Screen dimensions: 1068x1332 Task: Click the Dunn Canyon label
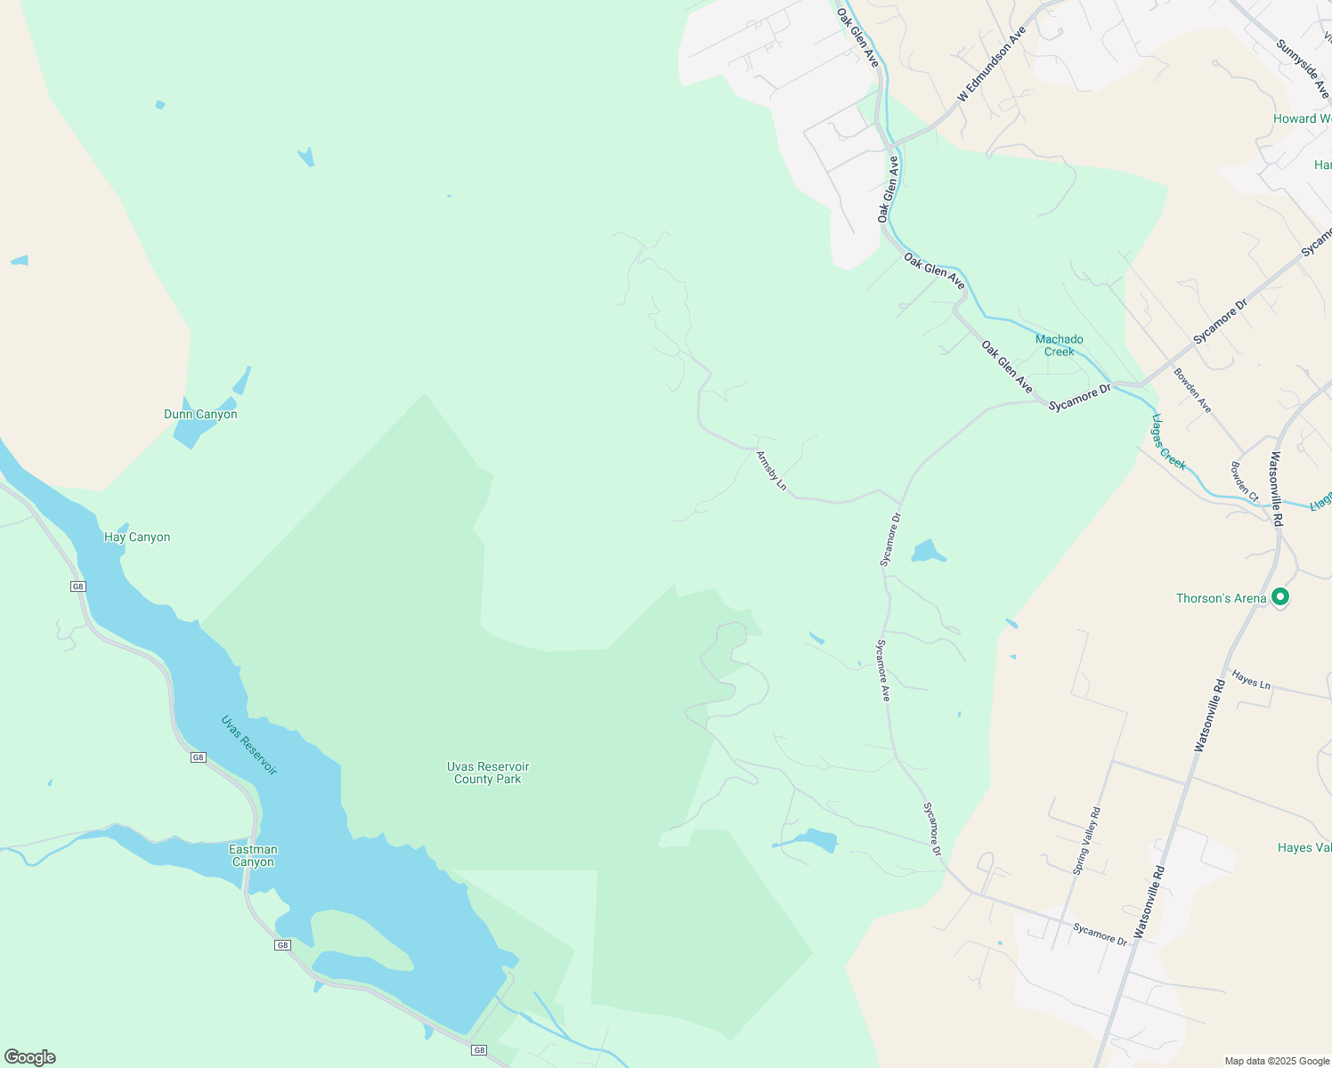pyautogui.click(x=200, y=415)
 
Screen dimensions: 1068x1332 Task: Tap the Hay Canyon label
pyautogui.click(x=137, y=538)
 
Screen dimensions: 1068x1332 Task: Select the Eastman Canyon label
pyautogui.click(x=253, y=856)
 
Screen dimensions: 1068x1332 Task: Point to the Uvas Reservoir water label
pyautogui.click(x=249, y=745)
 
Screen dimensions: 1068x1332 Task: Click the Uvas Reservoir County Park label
pyautogui.click(x=488, y=773)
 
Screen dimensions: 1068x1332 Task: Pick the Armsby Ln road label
pyautogui.click(x=772, y=471)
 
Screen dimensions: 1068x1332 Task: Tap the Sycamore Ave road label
pyautogui.click(x=883, y=670)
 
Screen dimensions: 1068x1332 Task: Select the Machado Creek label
pyautogui.click(x=1060, y=345)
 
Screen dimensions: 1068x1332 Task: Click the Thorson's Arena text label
pyautogui.click(x=1221, y=598)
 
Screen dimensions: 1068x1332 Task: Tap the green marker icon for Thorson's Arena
pyautogui.click(x=1280, y=597)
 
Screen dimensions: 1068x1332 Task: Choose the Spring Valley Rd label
pyautogui.click(x=1087, y=841)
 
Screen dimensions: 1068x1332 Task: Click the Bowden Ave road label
pyautogui.click(x=1192, y=390)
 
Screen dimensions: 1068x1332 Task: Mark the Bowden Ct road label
pyautogui.click(x=1245, y=481)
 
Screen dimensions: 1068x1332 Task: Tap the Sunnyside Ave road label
pyautogui.click(x=1303, y=70)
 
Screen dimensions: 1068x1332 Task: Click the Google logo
pyautogui.click(x=29, y=1057)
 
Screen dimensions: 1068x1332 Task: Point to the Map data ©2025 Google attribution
pyautogui.click(x=1277, y=1061)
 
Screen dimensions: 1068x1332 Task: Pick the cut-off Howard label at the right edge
pyautogui.click(x=1302, y=119)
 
